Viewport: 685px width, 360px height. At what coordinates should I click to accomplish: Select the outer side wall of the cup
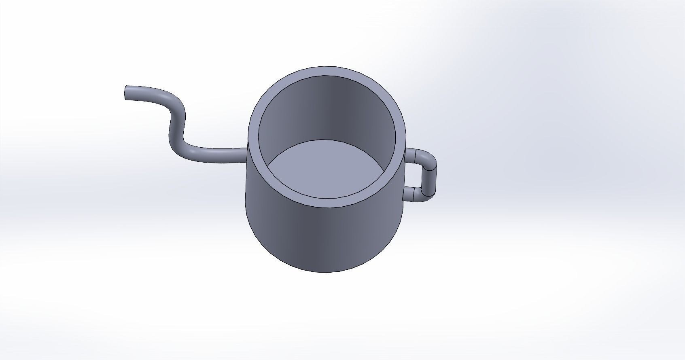point(324,235)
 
